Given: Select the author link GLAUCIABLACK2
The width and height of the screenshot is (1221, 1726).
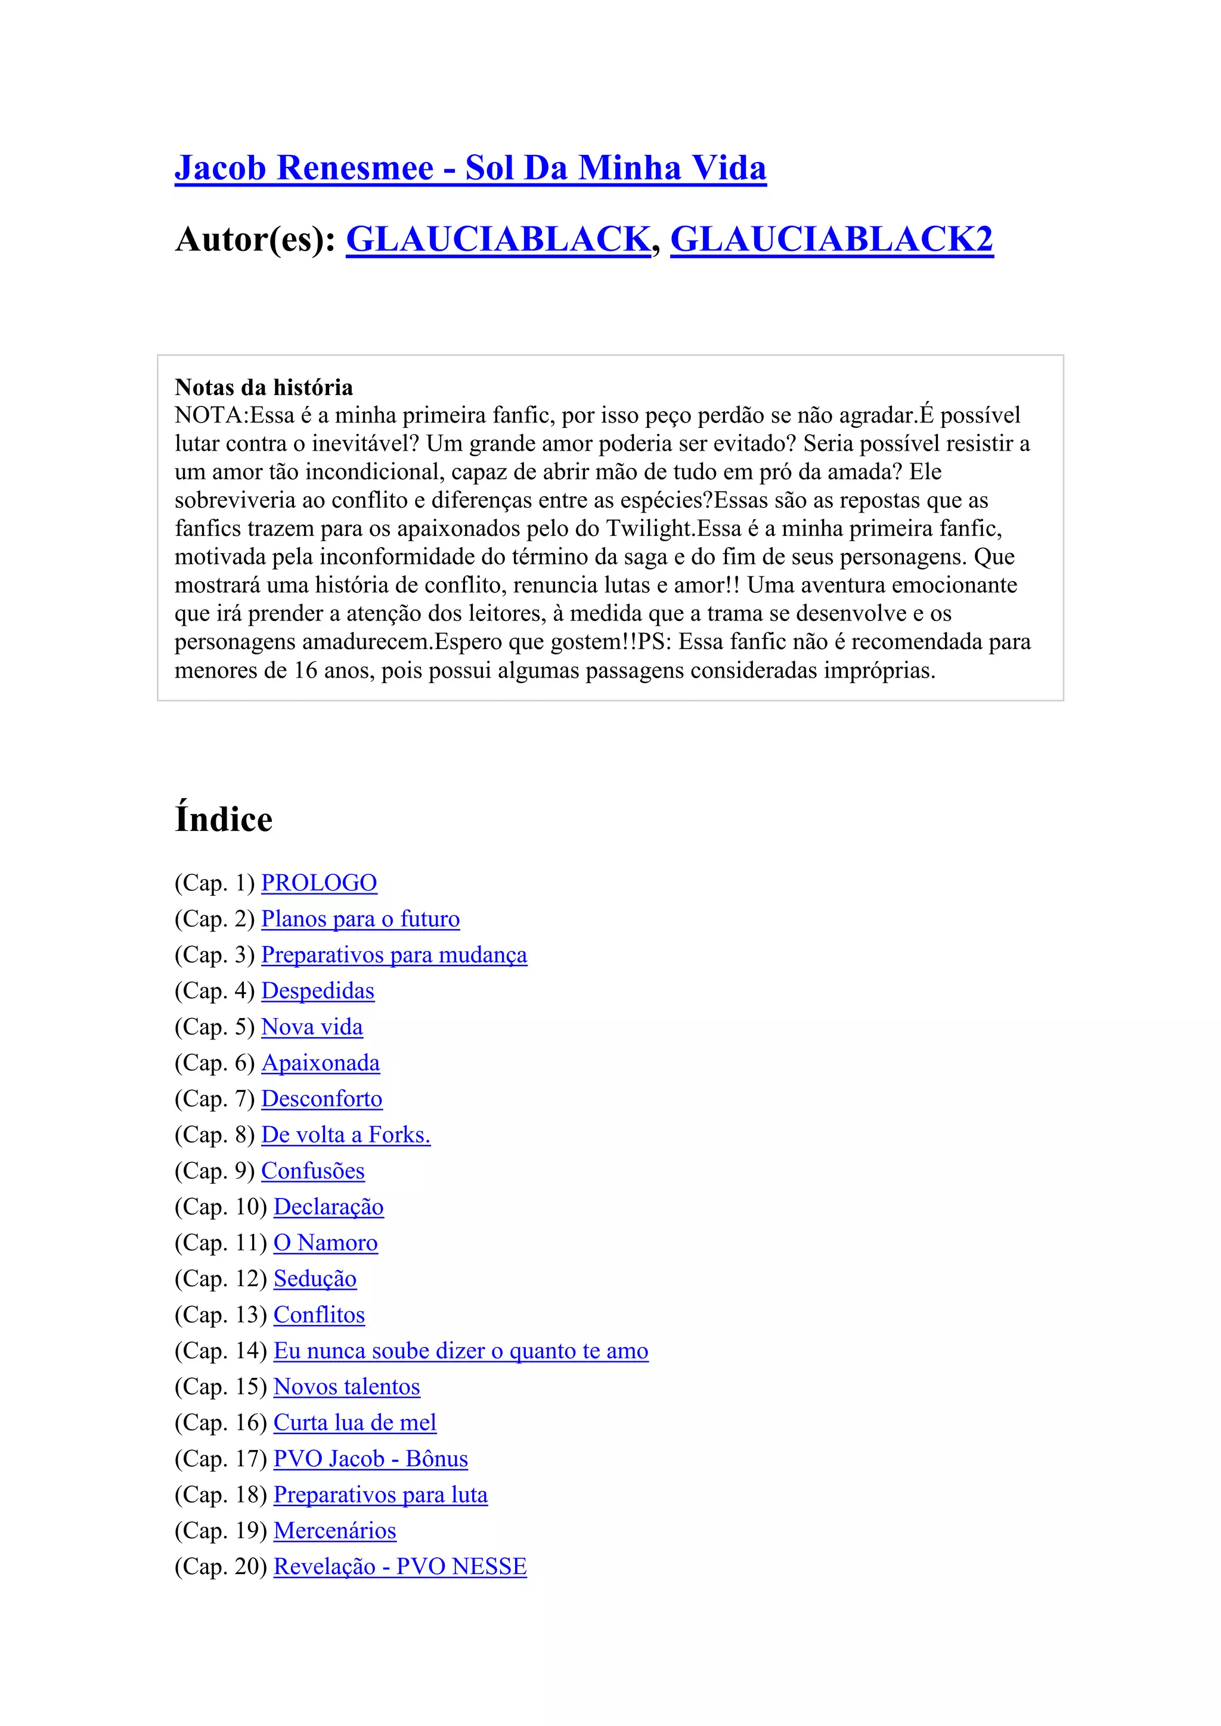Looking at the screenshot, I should click(x=832, y=240).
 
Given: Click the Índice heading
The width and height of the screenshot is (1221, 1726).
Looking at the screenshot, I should click(x=224, y=819).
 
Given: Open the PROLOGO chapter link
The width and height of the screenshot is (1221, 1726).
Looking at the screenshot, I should click(x=319, y=883).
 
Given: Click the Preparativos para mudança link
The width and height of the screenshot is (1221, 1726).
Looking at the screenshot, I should click(x=394, y=955).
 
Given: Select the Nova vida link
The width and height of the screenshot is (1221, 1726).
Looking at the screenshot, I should click(x=312, y=1027).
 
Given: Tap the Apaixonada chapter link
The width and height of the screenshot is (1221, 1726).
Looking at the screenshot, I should click(x=320, y=1063).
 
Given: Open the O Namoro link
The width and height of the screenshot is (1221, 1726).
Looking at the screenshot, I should click(x=326, y=1243).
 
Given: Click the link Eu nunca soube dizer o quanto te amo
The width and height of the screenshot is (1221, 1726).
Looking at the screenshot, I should click(x=461, y=1351).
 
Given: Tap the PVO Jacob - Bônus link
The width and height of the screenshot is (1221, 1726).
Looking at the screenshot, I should click(x=371, y=1458).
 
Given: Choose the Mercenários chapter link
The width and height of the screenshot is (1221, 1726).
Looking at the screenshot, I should click(x=334, y=1531).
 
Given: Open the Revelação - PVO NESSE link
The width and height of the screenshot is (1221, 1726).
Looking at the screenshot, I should click(x=400, y=1567).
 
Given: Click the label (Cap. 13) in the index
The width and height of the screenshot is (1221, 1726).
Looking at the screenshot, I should click(x=221, y=1315).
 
